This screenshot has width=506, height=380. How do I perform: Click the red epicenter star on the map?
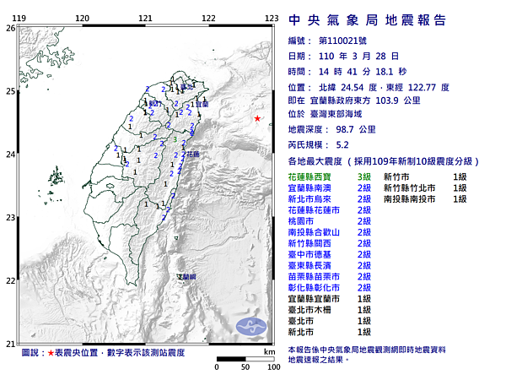[258, 119]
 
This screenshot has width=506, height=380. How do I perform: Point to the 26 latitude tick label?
[10, 28]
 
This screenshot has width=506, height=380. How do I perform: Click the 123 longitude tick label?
[272, 18]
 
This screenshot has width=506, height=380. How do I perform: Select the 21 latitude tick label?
[10, 343]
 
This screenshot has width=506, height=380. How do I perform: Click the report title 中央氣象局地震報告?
[368, 20]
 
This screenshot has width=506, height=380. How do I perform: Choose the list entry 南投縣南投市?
[412, 198]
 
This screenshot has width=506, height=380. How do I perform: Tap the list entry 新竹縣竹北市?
[412, 187]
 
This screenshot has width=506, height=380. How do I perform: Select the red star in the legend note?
[51, 351]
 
